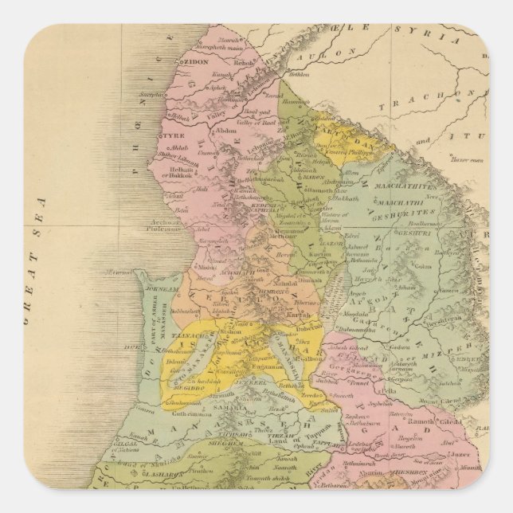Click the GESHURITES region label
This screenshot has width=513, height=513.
(411, 213)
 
